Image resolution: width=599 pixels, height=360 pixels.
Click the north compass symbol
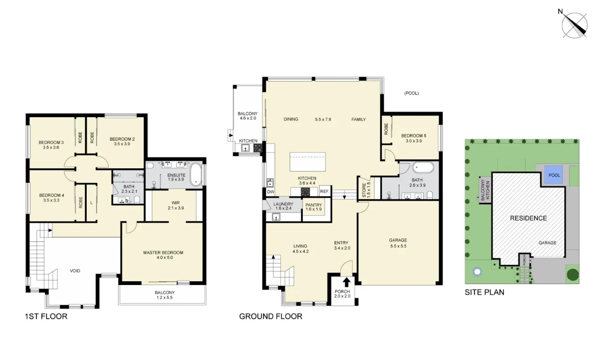(575, 24)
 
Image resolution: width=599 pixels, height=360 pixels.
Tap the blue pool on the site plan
(554, 176)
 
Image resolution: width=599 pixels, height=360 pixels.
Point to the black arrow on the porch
(346, 282)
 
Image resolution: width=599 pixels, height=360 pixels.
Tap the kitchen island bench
(307, 163)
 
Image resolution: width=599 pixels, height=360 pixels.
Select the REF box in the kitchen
(324, 192)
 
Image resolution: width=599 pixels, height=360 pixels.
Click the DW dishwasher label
(270, 192)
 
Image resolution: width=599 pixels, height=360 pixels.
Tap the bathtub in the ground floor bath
(423, 168)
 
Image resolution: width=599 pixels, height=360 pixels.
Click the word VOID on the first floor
(75, 271)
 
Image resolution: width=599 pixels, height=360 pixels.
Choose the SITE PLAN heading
(484, 292)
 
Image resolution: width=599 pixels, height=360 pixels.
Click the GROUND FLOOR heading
(270, 316)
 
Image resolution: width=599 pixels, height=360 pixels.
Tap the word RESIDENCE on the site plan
(528, 218)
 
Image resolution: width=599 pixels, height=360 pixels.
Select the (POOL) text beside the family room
(411, 93)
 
